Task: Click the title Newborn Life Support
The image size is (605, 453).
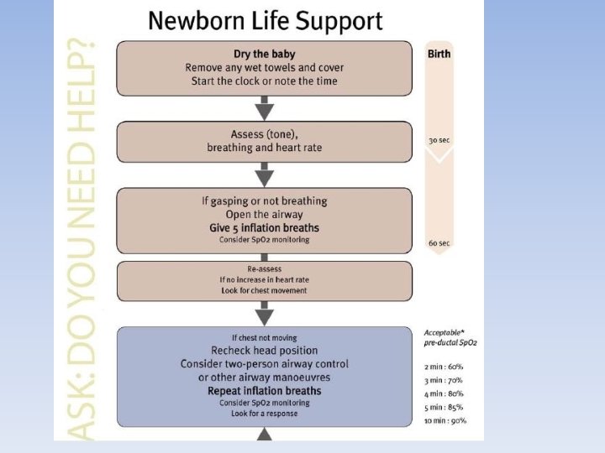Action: click(x=265, y=21)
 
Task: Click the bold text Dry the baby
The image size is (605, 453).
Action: click(x=264, y=54)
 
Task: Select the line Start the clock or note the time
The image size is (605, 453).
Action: click(x=264, y=81)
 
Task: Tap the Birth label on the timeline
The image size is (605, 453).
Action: click(x=439, y=54)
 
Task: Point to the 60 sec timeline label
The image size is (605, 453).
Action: click(x=439, y=243)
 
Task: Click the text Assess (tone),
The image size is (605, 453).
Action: click(x=264, y=134)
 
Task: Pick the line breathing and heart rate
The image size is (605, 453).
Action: click(x=264, y=148)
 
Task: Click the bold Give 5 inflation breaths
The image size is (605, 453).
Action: click(x=264, y=227)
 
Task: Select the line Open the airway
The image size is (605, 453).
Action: click(x=264, y=214)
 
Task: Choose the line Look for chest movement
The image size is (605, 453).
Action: click(x=264, y=290)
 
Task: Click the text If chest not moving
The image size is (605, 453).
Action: click(x=264, y=337)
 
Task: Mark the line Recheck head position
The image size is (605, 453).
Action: click(x=264, y=350)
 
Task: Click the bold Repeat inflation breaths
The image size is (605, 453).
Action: click(x=264, y=390)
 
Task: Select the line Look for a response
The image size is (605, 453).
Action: click(x=264, y=413)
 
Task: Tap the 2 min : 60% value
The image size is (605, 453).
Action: click(x=445, y=367)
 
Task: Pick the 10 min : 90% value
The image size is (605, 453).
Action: click(x=446, y=420)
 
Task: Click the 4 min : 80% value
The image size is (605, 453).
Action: click(x=445, y=393)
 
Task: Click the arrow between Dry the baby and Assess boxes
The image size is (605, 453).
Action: click(x=265, y=107)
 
